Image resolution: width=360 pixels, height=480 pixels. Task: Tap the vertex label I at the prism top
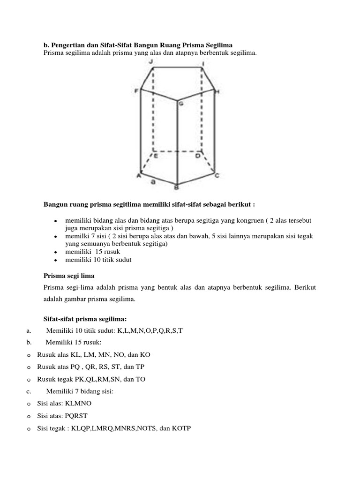(x=202, y=63)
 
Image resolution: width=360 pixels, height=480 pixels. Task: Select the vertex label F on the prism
(x=137, y=91)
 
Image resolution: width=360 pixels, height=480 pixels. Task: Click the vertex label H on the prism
(x=217, y=91)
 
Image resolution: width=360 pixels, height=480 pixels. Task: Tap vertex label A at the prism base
(x=139, y=176)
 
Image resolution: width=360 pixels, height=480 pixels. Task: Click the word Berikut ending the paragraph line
(x=306, y=287)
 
